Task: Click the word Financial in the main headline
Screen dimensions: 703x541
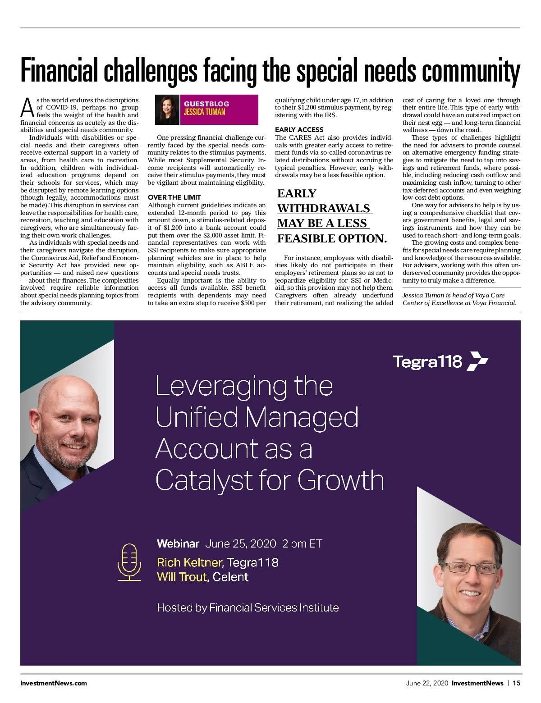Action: pos(59,71)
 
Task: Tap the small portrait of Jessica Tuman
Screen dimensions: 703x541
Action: pos(167,110)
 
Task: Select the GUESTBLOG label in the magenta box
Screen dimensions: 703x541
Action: pos(206,104)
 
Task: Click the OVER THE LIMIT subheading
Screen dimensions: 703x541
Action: pos(174,197)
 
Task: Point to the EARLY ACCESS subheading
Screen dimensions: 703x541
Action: pos(299,130)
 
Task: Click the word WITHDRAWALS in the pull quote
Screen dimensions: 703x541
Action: pos(324,208)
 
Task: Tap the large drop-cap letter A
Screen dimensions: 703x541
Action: pos(28,107)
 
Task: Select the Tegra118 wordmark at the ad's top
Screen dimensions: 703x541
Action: pos(427,361)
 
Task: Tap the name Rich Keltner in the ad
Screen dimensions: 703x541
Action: pos(190,562)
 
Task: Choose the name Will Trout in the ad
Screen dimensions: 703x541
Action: pos(182,577)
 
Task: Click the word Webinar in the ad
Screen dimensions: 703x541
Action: pos(178,543)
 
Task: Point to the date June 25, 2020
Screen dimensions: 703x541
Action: pos(240,543)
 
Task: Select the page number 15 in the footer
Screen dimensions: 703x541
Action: pos(517,683)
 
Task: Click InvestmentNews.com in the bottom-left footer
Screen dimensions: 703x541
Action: pos(54,683)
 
